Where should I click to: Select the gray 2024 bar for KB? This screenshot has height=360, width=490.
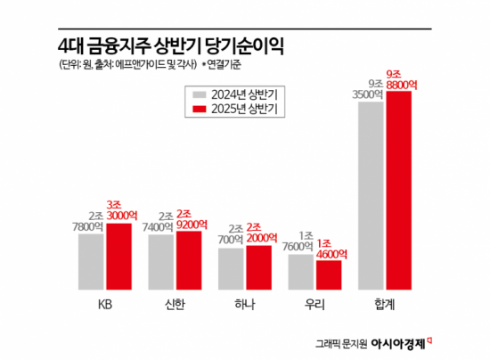tap(91, 262)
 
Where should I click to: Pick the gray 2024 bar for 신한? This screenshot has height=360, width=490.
tap(161, 263)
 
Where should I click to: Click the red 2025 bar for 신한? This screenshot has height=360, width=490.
tap(189, 260)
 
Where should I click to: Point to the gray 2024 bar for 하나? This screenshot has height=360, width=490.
tap(232, 269)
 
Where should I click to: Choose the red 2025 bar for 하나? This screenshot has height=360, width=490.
tap(258, 267)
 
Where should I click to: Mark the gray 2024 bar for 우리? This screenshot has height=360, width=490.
tap(301, 273)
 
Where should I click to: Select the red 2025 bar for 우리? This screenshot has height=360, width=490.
tap(329, 275)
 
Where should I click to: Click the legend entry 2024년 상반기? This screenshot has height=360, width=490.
tap(236, 94)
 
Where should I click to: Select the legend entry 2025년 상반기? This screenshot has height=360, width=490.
tap(236, 110)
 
